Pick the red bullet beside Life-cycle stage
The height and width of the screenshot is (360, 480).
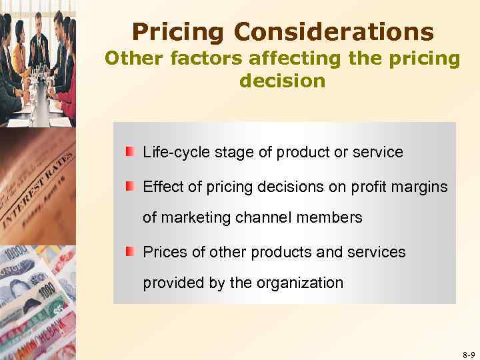(x=129, y=151)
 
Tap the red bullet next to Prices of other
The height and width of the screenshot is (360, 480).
(x=129, y=251)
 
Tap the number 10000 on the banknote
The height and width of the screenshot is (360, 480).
(x=18, y=254)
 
